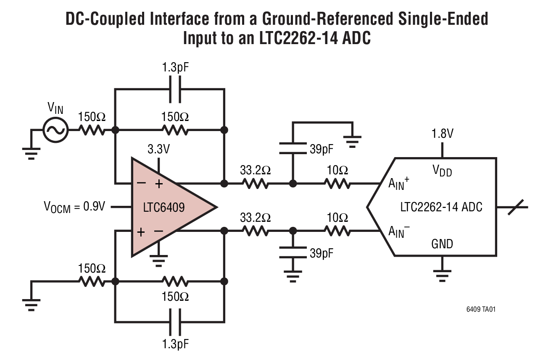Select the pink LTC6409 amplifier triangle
168,207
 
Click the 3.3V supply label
158,149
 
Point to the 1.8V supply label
442,134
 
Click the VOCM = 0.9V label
74,207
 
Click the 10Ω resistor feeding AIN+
337,184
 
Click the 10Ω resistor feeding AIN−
337,231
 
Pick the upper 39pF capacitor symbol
293,148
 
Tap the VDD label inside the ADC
442,171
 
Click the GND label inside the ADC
442,244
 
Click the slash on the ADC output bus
515,207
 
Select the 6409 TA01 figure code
483,310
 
